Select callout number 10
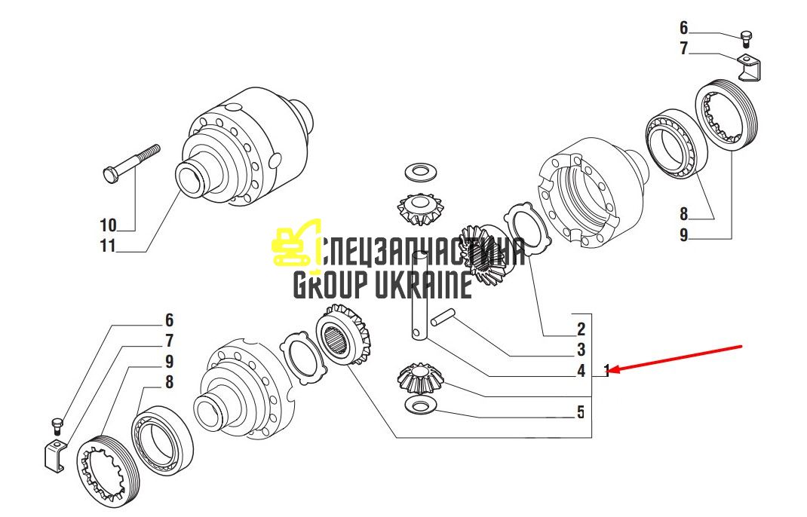[108, 225]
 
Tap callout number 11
[108, 246]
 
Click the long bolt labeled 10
[131, 164]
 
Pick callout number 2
[581, 329]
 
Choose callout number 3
[581, 350]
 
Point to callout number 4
[581, 370]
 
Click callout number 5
[581, 412]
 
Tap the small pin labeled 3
[443, 317]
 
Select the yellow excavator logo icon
[295, 243]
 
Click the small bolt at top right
[746, 39]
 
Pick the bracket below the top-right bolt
[750, 69]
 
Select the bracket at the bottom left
[56, 454]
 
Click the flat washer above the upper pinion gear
[421, 172]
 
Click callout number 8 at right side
[683, 213]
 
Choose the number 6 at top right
[683, 28]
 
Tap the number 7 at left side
[170, 341]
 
